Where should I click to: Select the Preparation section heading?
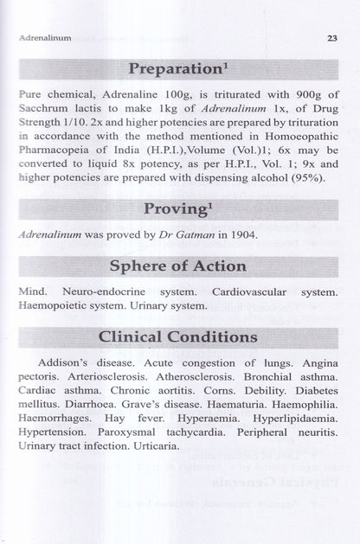click(178, 68)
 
